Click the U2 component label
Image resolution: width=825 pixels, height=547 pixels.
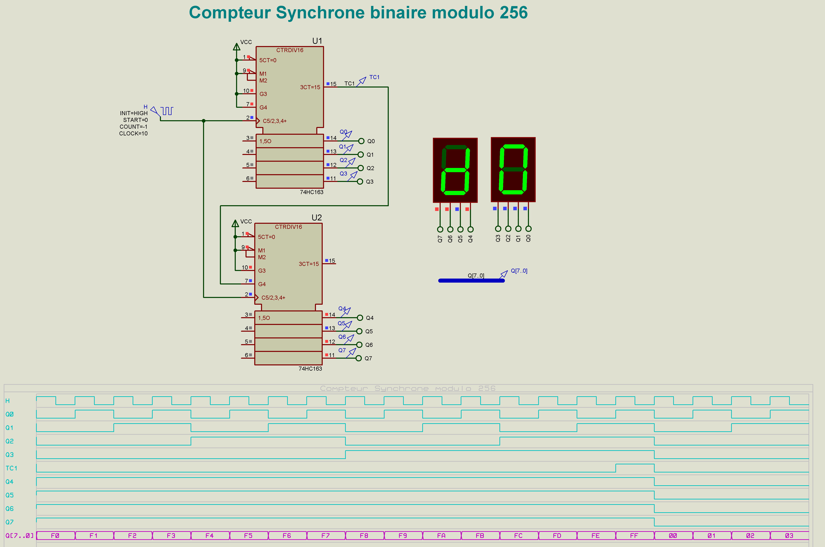click(316, 218)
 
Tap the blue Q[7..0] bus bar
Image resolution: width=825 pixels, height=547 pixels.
click(471, 280)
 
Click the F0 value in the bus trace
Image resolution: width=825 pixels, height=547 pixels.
click(55, 536)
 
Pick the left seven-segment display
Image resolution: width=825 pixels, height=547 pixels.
click(455, 170)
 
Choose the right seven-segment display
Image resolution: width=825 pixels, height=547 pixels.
click(513, 169)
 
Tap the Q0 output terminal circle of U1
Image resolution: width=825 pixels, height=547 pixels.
click(361, 141)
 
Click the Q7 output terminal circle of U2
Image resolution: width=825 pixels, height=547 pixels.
click(359, 358)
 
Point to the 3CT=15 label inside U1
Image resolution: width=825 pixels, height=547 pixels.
click(310, 87)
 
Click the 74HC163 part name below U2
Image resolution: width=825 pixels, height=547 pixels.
click(310, 369)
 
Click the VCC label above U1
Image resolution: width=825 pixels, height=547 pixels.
click(246, 42)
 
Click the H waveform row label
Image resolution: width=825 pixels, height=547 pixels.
click(7, 401)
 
